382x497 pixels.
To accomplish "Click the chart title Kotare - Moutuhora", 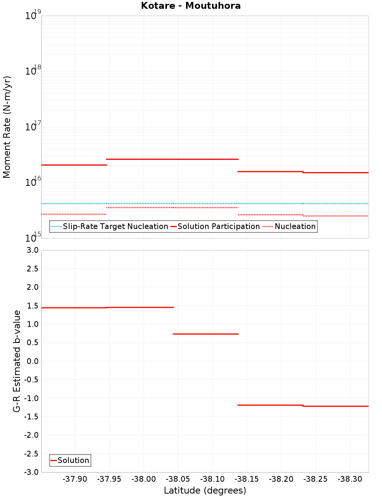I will click(x=191, y=6).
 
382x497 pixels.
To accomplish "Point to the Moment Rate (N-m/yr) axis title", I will click(x=7, y=127).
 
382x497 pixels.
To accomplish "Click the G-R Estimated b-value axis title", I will click(x=17, y=361).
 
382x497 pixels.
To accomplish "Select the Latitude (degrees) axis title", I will click(x=205, y=491).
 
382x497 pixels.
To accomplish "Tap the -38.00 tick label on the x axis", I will click(x=144, y=479).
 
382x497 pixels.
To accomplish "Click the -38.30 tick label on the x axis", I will click(x=350, y=479).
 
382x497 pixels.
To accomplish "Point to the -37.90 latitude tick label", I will click(x=75, y=479).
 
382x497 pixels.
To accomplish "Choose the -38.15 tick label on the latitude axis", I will click(x=247, y=479).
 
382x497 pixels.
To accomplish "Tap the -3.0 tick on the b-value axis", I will click(x=32, y=472).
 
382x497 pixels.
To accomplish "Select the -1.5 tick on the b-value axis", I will click(x=32, y=417).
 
